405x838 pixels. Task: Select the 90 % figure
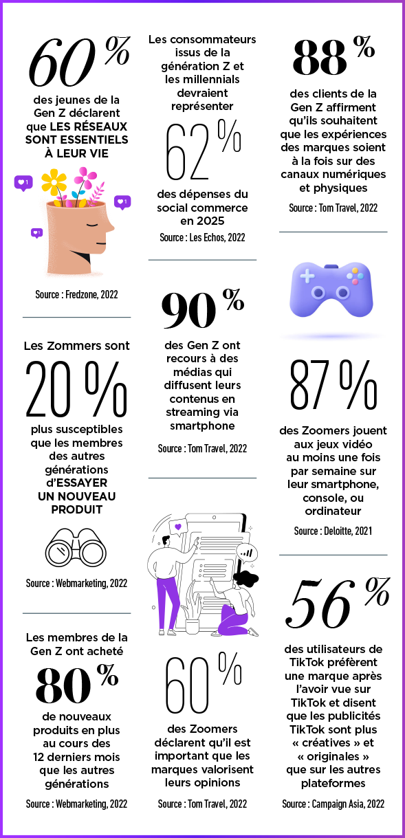click(x=202, y=309)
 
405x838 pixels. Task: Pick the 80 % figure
click(x=77, y=683)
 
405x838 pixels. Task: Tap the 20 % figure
click(x=76, y=388)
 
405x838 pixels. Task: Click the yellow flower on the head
click(x=54, y=182)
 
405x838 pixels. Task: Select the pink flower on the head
click(x=85, y=177)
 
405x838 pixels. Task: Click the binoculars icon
click(x=76, y=547)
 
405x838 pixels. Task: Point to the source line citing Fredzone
click(x=77, y=295)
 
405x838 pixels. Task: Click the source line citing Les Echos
click(x=202, y=238)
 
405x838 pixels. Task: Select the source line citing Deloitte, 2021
click(x=333, y=531)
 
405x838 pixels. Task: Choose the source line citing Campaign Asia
click(x=333, y=804)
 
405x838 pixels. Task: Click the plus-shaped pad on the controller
click(x=307, y=276)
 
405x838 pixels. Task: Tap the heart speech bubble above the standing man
click(x=178, y=527)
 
